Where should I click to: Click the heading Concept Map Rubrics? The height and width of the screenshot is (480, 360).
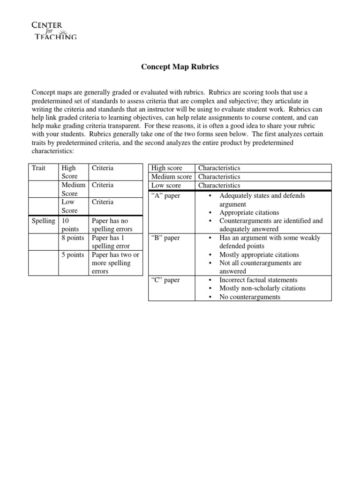[x=180, y=67]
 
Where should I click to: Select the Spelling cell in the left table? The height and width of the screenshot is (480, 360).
[x=43, y=221]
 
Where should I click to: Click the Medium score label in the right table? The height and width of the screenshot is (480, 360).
[x=171, y=177]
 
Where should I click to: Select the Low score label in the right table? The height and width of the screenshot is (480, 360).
[x=166, y=186]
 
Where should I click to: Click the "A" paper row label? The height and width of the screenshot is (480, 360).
[x=165, y=195]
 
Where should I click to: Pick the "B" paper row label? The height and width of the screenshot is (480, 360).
[x=165, y=238]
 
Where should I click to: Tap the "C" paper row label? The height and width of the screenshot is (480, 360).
[x=165, y=280]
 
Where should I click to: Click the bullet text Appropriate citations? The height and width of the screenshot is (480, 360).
[x=249, y=212]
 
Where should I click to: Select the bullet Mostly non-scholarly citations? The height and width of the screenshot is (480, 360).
[x=262, y=288]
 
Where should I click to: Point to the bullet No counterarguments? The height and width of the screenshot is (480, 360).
[x=250, y=297]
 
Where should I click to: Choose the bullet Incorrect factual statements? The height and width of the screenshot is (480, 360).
[x=258, y=280]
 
